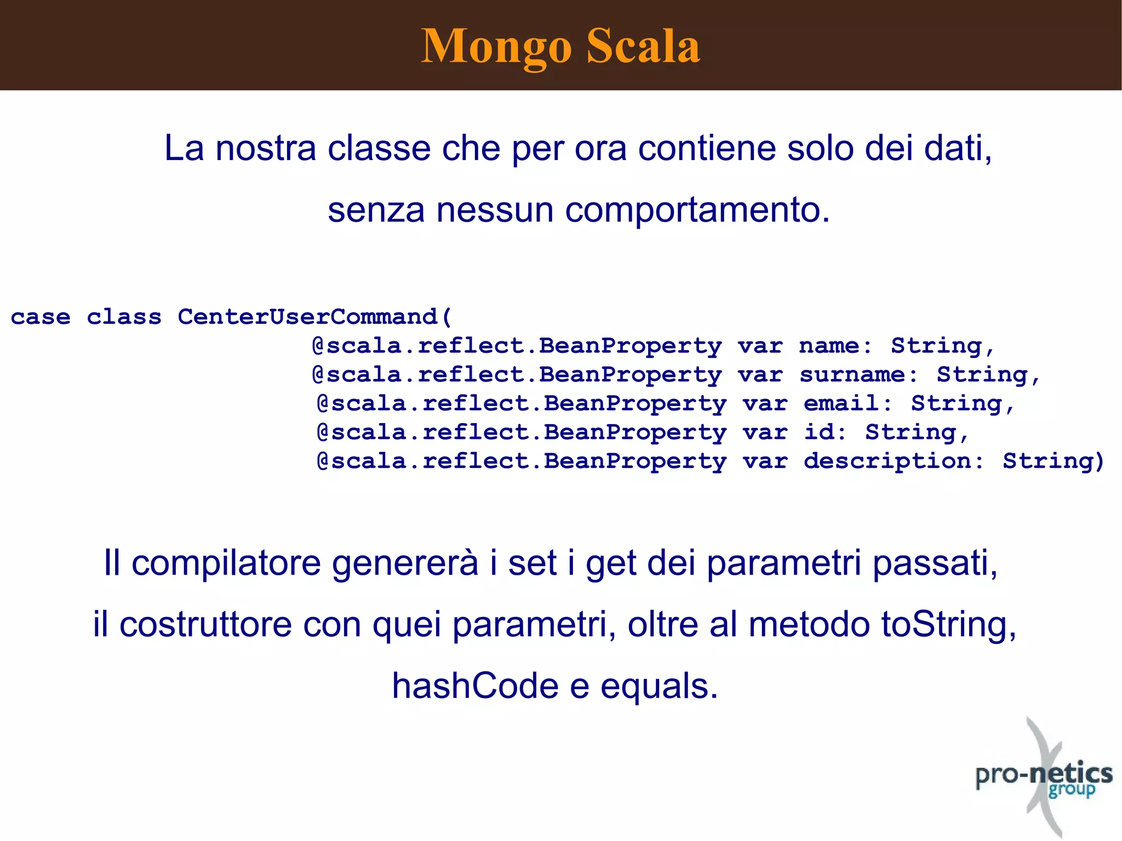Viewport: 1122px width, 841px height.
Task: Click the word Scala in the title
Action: (643, 46)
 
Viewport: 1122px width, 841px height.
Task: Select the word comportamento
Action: (697, 210)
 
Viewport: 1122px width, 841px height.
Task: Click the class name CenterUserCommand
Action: (307, 317)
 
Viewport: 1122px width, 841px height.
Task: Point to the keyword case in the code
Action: (41, 317)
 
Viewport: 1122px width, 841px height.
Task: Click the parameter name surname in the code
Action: (852, 375)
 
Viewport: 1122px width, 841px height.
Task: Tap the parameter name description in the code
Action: (888, 461)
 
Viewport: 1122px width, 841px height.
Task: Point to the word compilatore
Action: (226, 563)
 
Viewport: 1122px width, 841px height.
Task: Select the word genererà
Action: (405, 563)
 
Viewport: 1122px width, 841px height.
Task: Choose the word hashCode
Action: (475, 686)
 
